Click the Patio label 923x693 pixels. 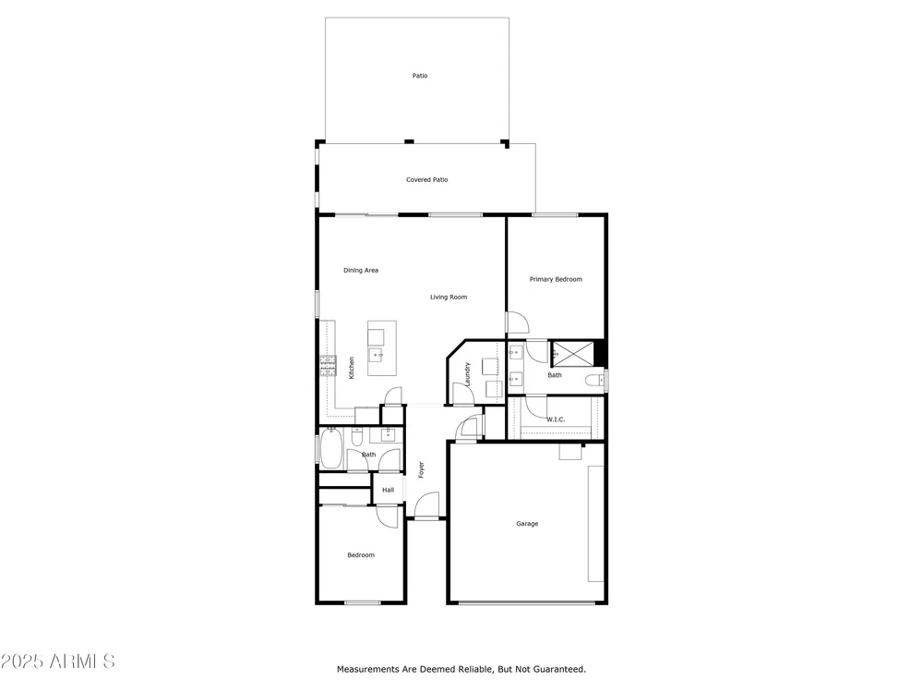[420, 76]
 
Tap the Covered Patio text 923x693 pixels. [426, 180]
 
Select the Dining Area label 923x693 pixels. [361, 271]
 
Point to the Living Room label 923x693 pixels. [449, 297]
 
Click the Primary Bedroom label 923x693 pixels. [556, 279]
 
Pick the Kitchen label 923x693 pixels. [352, 368]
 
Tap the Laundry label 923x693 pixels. [467, 374]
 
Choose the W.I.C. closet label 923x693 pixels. [556, 419]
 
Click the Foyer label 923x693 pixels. [421, 469]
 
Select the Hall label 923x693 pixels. [388, 490]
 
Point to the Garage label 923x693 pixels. [527, 523]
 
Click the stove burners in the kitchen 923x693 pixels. [328, 366]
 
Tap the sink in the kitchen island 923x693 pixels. [377, 355]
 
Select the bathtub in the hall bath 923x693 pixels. [330, 448]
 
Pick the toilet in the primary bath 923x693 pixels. [594, 380]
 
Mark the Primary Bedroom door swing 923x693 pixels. [518, 322]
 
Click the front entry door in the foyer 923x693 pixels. [426, 505]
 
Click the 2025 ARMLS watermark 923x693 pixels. [57, 662]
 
